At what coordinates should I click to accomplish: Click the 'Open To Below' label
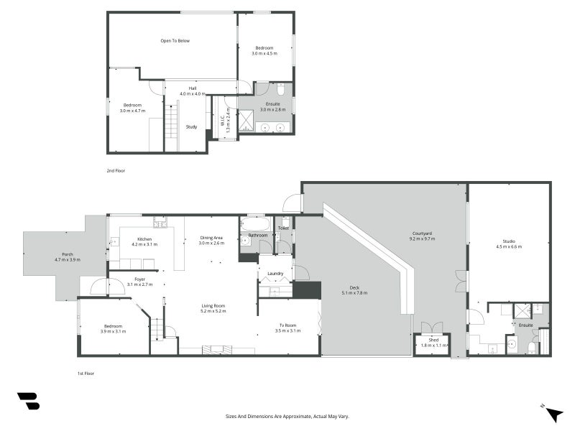coord(175,41)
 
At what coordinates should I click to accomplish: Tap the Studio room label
coord(508,241)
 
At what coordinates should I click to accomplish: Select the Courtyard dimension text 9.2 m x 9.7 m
coord(422,238)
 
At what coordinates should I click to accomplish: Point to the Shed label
coord(433,340)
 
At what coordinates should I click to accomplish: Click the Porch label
coord(68,254)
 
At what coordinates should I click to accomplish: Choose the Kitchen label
coord(144,238)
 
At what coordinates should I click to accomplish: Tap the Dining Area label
coord(212,238)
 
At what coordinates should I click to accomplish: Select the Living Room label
coord(213,306)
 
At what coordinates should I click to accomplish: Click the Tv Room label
coord(288,325)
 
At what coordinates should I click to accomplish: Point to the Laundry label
coord(275,274)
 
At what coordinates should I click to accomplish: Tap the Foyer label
coord(139,279)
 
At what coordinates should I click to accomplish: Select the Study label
coord(191,126)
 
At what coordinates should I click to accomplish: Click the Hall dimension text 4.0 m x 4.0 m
coord(192,94)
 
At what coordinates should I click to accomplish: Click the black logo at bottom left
coord(28,401)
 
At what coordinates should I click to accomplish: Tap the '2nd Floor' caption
coord(115,171)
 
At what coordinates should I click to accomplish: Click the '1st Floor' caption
coord(86,374)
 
